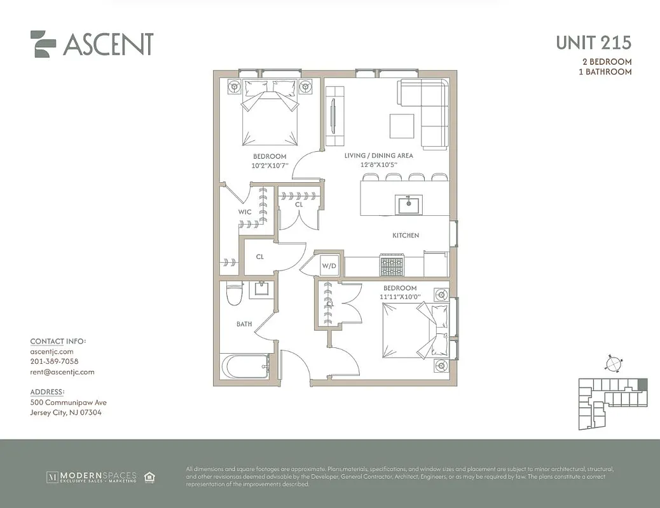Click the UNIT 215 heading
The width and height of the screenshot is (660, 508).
click(593, 43)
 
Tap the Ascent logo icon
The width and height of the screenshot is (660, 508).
click(43, 44)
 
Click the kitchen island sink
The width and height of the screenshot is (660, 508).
click(405, 204)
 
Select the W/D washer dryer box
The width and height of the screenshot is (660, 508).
click(329, 265)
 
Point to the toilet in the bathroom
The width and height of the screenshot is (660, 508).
click(233, 293)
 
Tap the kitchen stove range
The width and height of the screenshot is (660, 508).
click(392, 265)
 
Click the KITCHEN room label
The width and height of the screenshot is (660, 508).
click(405, 236)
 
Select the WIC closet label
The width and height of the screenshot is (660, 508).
click(245, 211)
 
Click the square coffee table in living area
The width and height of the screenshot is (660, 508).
click(402, 125)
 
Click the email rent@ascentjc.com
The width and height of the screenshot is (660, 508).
click(62, 372)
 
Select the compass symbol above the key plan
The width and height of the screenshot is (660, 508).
click(613, 364)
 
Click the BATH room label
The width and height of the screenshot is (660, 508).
click(244, 324)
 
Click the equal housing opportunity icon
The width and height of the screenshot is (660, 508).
click(150, 477)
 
